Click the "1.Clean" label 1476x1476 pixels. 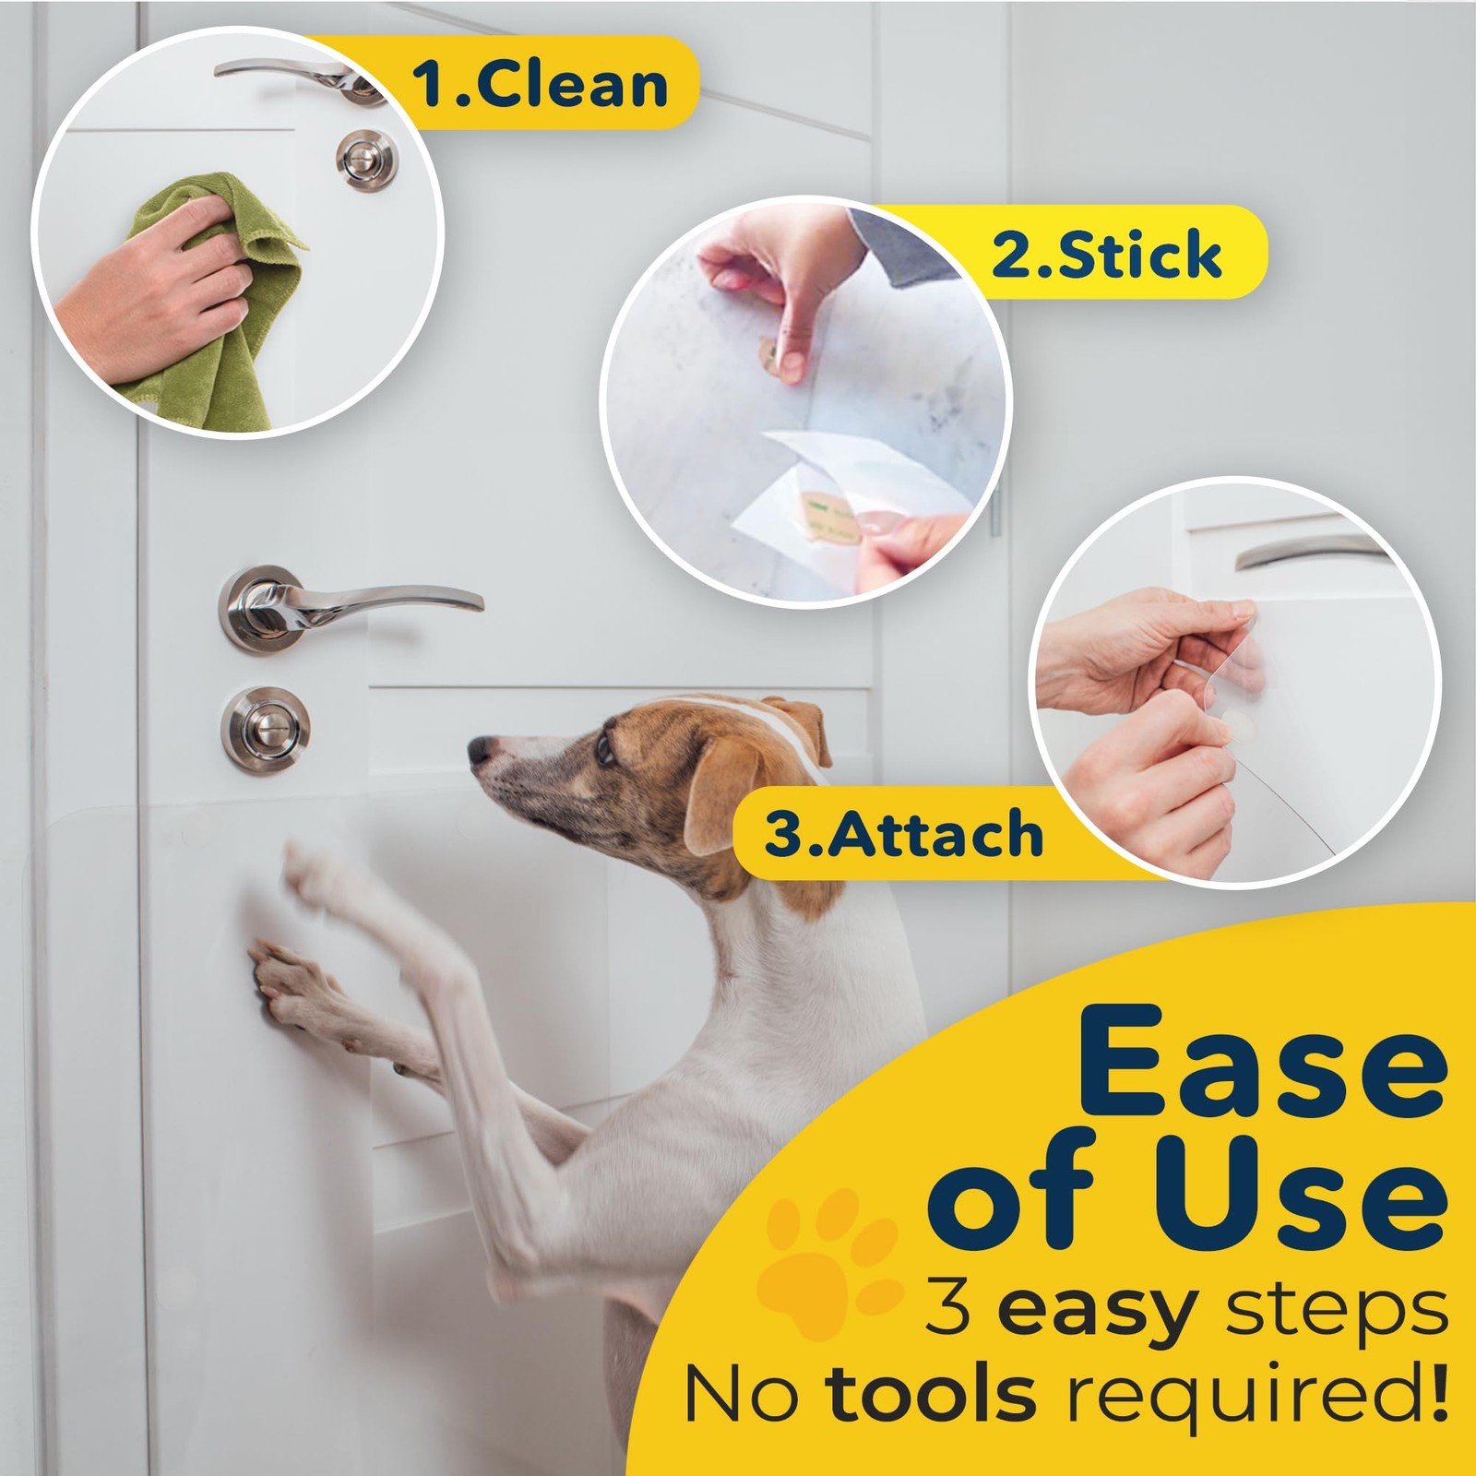pos(540,85)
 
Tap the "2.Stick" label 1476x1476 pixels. pos(1106,255)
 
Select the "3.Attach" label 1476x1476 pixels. pos(903,834)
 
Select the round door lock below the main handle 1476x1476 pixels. pos(265,730)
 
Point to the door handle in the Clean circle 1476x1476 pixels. pos(286,74)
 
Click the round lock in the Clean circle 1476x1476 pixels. pos(366,161)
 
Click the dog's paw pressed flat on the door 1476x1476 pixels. pos(286,982)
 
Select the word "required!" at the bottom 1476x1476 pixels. pos(1255,1395)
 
